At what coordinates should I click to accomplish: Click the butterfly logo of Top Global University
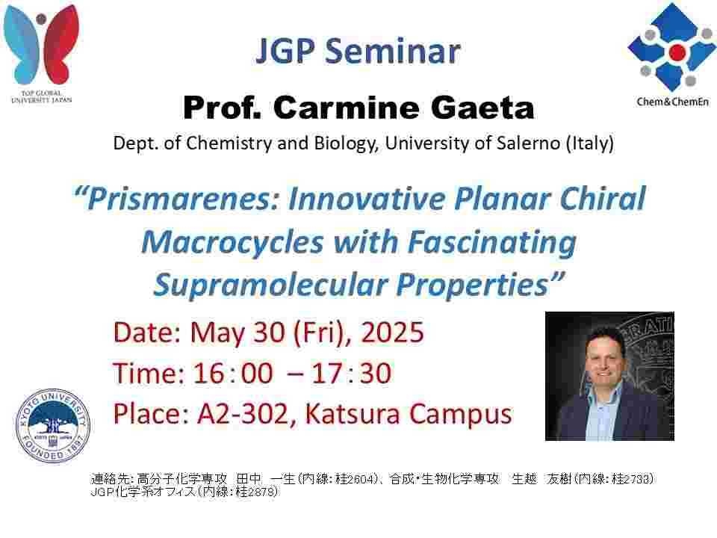click(41, 44)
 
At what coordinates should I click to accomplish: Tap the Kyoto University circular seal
click(53, 427)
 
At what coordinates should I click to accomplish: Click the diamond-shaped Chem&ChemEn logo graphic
click(672, 47)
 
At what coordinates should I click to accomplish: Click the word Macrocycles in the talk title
click(232, 242)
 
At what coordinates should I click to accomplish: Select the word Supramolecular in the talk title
click(270, 285)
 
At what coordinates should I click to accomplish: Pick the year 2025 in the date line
click(392, 332)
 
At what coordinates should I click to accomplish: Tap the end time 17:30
click(351, 373)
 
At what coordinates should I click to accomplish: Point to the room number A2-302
click(242, 413)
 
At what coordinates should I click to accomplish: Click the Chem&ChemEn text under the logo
click(673, 102)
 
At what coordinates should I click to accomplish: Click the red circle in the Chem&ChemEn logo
click(677, 52)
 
